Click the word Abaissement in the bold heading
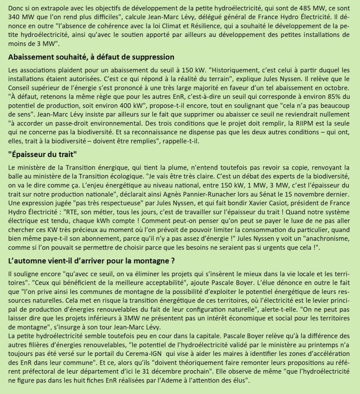point(32,57)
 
